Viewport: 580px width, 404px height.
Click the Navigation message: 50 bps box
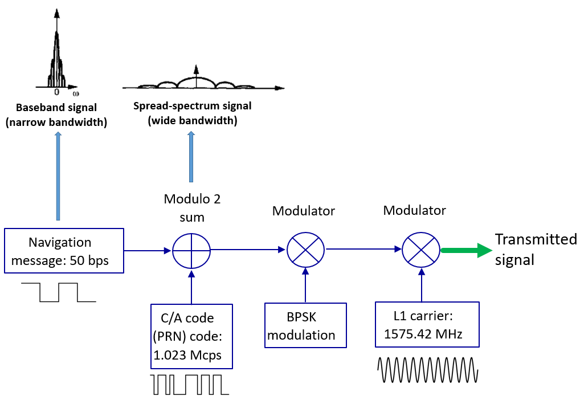point(64,251)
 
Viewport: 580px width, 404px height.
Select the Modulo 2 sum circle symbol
point(191,250)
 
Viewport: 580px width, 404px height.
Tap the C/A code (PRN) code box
point(191,336)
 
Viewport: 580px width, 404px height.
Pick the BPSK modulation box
point(305,325)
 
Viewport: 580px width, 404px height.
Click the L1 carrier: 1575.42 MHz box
point(427,324)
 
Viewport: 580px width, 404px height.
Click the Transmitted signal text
point(535,249)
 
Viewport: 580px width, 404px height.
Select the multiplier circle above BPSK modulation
point(305,250)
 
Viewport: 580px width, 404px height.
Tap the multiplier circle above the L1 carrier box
point(422,250)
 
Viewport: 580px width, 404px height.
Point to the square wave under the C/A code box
point(189,385)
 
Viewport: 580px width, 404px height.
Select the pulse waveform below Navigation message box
point(58,292)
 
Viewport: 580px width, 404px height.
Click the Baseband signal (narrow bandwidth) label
point(56,113)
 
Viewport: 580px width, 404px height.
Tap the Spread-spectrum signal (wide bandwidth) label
point(192,113)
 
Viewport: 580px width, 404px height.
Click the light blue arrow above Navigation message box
point(58,176)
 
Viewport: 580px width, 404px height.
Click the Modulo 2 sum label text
point(191,208)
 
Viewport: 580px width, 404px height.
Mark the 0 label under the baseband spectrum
point(56,91)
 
